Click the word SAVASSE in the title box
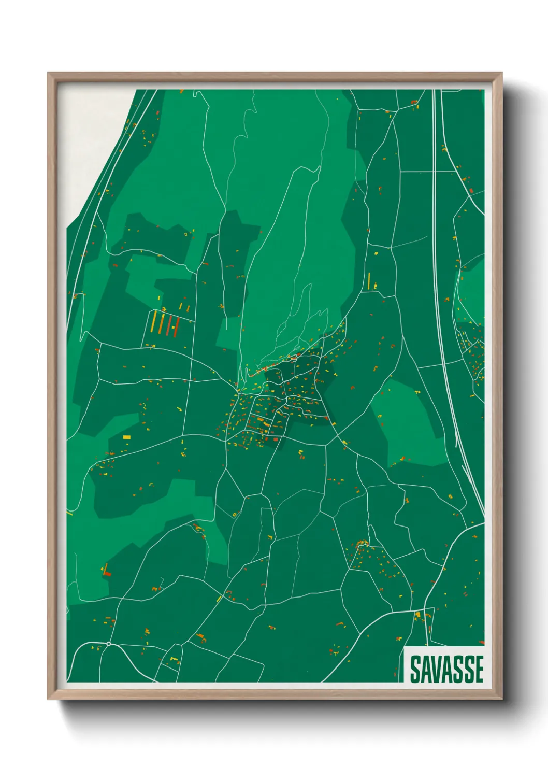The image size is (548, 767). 446,669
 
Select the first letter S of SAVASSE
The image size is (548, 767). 415,669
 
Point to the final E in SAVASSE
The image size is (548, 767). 479,669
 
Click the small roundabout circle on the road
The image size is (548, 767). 109,644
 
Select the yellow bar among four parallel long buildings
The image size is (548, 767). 153,321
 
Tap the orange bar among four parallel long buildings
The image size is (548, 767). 161,323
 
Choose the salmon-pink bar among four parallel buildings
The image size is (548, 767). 169,324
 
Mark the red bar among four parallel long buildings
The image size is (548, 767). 176,326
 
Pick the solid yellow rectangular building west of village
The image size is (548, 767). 126,437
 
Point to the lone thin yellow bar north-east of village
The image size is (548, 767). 369,280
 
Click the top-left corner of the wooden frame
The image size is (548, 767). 49,74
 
